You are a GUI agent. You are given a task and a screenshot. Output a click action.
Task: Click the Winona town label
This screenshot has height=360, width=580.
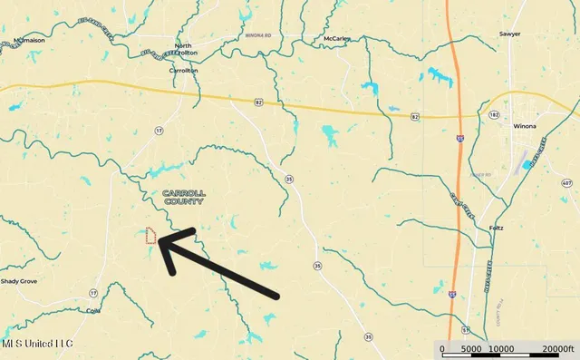(x=525, y=126)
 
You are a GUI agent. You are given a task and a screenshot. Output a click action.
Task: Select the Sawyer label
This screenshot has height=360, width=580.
(x=510, y=34)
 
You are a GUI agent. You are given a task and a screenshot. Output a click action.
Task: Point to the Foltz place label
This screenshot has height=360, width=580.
(x=495, y=228)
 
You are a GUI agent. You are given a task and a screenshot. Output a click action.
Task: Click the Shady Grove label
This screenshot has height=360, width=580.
(x=20, y=282)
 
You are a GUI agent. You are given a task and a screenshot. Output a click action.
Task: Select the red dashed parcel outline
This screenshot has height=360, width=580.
(x=152, y=237)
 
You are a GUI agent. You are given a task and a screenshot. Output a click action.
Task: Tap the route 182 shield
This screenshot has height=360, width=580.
(x=494, y=116)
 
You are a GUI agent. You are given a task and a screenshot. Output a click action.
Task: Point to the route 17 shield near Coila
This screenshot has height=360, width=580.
(x=93, y=293)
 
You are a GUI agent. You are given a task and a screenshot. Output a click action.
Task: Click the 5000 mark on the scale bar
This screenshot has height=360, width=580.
(x=470, y=349)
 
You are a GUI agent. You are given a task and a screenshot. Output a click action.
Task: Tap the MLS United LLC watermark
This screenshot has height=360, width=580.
(x=37, y=345)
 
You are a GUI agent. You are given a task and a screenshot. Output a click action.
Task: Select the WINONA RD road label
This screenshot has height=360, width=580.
(x=234, y=36)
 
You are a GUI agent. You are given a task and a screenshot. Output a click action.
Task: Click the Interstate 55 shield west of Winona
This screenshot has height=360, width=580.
(x=460, y=139)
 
